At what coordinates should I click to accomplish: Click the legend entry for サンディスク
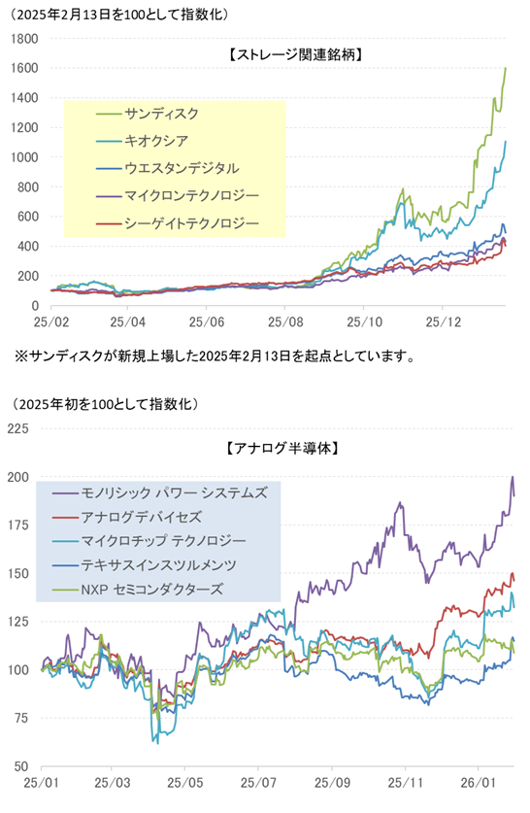click(x=160, y=114)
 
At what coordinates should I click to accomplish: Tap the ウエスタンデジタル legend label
click(x=180, y=168)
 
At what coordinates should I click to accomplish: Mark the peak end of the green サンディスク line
click(x=506, y=68)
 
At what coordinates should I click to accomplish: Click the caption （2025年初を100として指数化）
click(x=107, y=402)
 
